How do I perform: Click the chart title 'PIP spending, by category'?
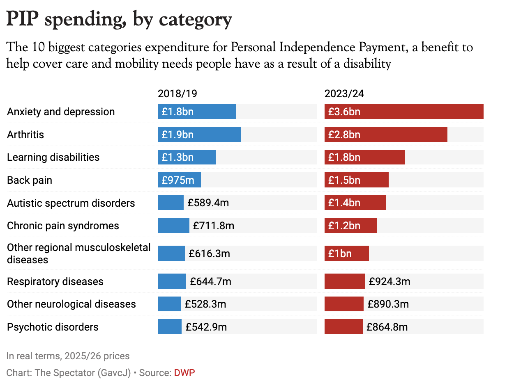119,20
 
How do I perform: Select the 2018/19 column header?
177,94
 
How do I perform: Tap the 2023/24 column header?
344,94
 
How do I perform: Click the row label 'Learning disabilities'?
53,157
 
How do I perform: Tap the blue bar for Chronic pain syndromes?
173,226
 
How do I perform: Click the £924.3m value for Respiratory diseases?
389,281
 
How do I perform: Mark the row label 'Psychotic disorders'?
53,327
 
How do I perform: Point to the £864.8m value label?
387,327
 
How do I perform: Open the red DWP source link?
184,373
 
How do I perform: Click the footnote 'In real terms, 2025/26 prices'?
68,356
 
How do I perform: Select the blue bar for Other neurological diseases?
169,304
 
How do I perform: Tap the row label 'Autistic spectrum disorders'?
71,203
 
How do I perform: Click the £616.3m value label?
209,253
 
